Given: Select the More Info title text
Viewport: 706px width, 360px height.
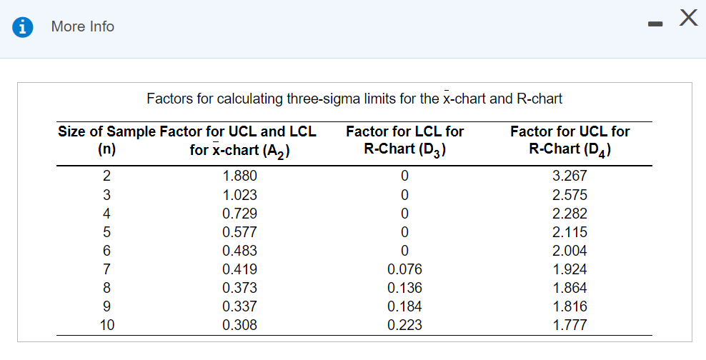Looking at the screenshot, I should pos(83,26).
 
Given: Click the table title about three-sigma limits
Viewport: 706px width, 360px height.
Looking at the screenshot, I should pos(354,99).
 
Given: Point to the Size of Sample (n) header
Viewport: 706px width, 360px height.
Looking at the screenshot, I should pos(106,141).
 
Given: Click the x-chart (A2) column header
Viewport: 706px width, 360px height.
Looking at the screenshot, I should pos(239,141).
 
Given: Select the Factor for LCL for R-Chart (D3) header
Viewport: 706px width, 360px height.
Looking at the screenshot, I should pos(404,141).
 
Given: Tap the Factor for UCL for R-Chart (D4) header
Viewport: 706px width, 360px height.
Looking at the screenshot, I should pos(570,141).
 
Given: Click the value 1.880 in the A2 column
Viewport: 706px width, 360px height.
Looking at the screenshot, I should pos(239,176).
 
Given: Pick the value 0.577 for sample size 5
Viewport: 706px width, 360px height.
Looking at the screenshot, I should pos(239,232).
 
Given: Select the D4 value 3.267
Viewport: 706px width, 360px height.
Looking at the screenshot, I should pos(570,176).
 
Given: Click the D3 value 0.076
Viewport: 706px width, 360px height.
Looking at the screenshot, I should pos(404,269).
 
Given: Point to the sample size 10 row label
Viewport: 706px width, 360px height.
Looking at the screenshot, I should pos(106,325).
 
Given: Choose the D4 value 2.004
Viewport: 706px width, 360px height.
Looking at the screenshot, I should pos(570,251).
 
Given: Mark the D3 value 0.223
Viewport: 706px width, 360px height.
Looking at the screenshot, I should pos(404,325).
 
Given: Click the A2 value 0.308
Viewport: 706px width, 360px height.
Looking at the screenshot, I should pos(239,325).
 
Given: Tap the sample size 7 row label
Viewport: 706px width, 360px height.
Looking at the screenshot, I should pos(106,269).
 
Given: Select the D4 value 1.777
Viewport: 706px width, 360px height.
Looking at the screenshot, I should pos(570,325).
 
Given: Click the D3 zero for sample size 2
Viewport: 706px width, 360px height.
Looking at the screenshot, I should pos(404,176).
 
